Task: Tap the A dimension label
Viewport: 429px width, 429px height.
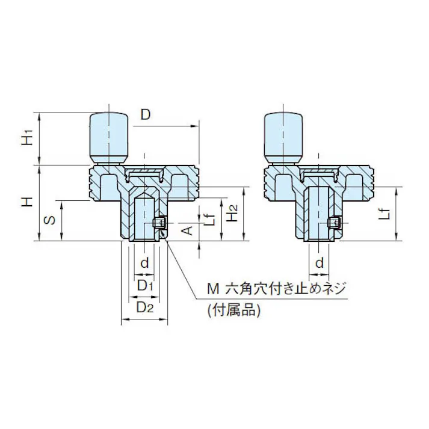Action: tap(187, 230)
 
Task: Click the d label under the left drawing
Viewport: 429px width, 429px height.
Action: tap(144, 262)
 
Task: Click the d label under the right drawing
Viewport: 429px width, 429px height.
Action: tap(320, 262)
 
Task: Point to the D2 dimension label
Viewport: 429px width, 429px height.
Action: tap(145, 307)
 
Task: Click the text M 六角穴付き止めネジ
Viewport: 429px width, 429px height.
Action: tap(277, 289)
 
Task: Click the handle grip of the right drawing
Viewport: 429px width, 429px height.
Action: tap(283, 136)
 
